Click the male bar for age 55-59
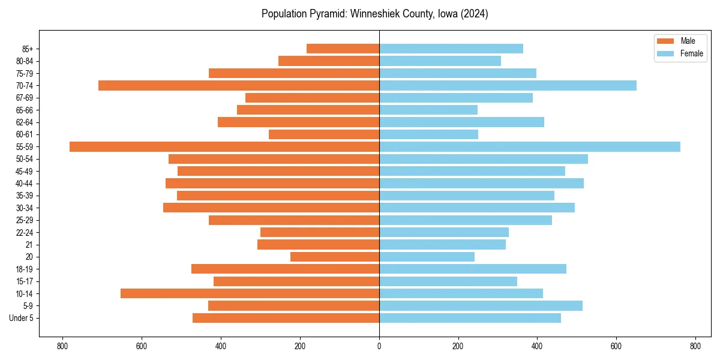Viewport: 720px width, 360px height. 224,146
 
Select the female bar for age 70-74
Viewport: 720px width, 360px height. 508,85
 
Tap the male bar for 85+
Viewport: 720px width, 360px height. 343,49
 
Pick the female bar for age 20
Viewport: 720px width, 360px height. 427,257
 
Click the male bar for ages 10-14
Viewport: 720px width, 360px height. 250,293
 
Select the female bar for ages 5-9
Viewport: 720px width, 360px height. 481,305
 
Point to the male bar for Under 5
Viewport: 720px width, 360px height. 286,318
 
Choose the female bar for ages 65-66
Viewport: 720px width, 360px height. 428,110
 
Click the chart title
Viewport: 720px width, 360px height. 375,14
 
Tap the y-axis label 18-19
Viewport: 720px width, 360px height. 25,269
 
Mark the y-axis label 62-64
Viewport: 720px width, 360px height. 25,122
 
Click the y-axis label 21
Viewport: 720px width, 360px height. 29,244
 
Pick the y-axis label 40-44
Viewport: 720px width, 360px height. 25,183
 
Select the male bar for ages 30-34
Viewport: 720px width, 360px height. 271,208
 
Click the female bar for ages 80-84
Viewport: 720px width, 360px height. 440,61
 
